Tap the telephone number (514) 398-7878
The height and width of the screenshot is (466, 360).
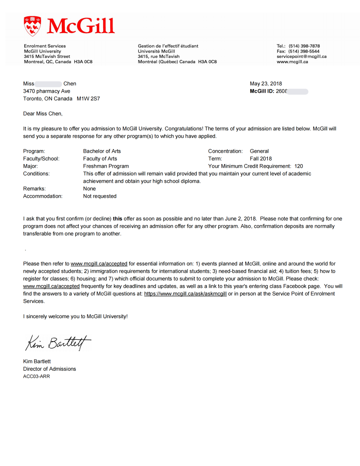pyautogui.click(x=304, y=46)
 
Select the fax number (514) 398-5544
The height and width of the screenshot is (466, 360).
pyautogui.click(x=304, y=51)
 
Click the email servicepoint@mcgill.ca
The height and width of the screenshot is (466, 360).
pyautogui.click(x=301, y=56)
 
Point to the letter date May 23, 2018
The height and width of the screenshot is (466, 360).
pyautogui.click(x=266, y=84)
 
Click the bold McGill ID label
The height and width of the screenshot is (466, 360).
pyautogui.click(x=262, y=91)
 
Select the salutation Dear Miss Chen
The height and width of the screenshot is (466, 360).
pyautogui.click(x=43, y=114)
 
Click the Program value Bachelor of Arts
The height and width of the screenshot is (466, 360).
pyautogui.click(x=102, y=151)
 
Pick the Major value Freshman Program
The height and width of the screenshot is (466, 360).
pyautogui.click(x=106, y=166)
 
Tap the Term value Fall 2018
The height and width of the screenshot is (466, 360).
pyautogui.click(x=261, y=159)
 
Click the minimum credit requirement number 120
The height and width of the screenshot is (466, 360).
pyautogui.click(x=299, y=166)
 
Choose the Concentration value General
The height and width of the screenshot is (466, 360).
pyautogui.click(x=259, y=151)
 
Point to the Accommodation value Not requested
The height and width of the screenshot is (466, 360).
pyautogui.click(x=100, y=196)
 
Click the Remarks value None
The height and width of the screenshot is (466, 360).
pyautogui.click(x=90, y=189)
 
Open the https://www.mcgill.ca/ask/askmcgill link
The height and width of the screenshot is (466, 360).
pyautogui.click(x=185, y=294)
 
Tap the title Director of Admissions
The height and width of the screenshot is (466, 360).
pyautogui.click(x=49, y=369)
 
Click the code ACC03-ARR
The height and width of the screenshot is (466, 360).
pyautogui.click(x=37, y=376)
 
